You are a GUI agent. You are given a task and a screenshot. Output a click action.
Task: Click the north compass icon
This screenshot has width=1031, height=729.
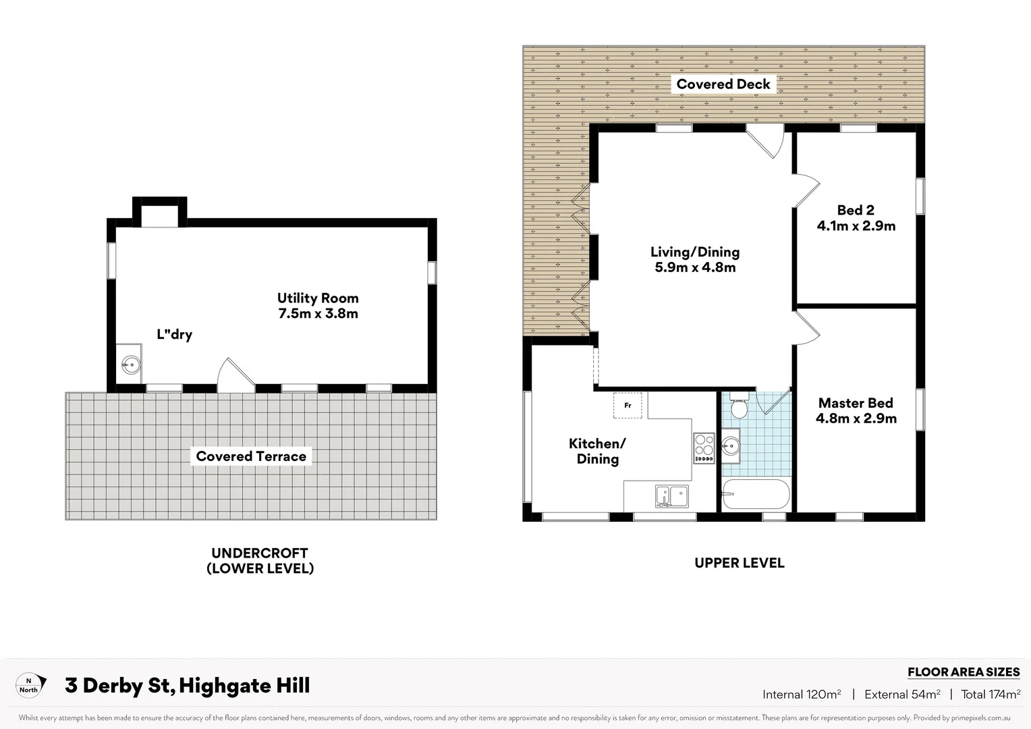tap(31, 685)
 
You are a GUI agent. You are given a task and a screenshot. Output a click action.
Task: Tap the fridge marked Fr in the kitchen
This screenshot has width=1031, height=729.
tap(628, 405)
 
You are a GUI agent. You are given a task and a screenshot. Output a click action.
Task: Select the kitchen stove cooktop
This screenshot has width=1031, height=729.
tap(704, 448)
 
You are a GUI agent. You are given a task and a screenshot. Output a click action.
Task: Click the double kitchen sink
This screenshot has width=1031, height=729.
tap(671, 496)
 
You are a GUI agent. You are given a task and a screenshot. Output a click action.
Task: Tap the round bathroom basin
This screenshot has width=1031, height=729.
tap(730, 446)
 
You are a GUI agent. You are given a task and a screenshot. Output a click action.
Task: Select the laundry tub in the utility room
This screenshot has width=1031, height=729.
tap(130, 366)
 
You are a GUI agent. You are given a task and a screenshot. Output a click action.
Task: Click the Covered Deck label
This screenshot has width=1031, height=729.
tap(723, 84)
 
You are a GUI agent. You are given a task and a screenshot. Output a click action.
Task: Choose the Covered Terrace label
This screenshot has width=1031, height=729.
tap(251, 456)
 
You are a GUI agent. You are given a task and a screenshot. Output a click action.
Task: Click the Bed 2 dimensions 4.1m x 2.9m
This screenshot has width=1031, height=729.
tap(856, 226)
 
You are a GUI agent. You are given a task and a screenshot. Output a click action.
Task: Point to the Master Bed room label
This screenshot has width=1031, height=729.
tap(856, 403)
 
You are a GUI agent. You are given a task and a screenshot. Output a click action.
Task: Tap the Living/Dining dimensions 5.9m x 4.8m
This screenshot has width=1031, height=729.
tap(695, 267)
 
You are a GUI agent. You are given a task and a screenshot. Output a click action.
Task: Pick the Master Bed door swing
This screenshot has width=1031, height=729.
tap(806, 327)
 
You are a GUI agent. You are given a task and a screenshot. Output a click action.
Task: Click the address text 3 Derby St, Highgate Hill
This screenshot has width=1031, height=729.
tap(188, 686)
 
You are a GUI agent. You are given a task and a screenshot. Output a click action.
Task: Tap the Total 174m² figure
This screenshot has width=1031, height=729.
tap(991, 694)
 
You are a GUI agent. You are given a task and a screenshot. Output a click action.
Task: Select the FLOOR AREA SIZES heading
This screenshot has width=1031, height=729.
tap(963, 672)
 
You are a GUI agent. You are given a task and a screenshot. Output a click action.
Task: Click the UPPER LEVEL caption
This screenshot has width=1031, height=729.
tap(739, 563)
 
